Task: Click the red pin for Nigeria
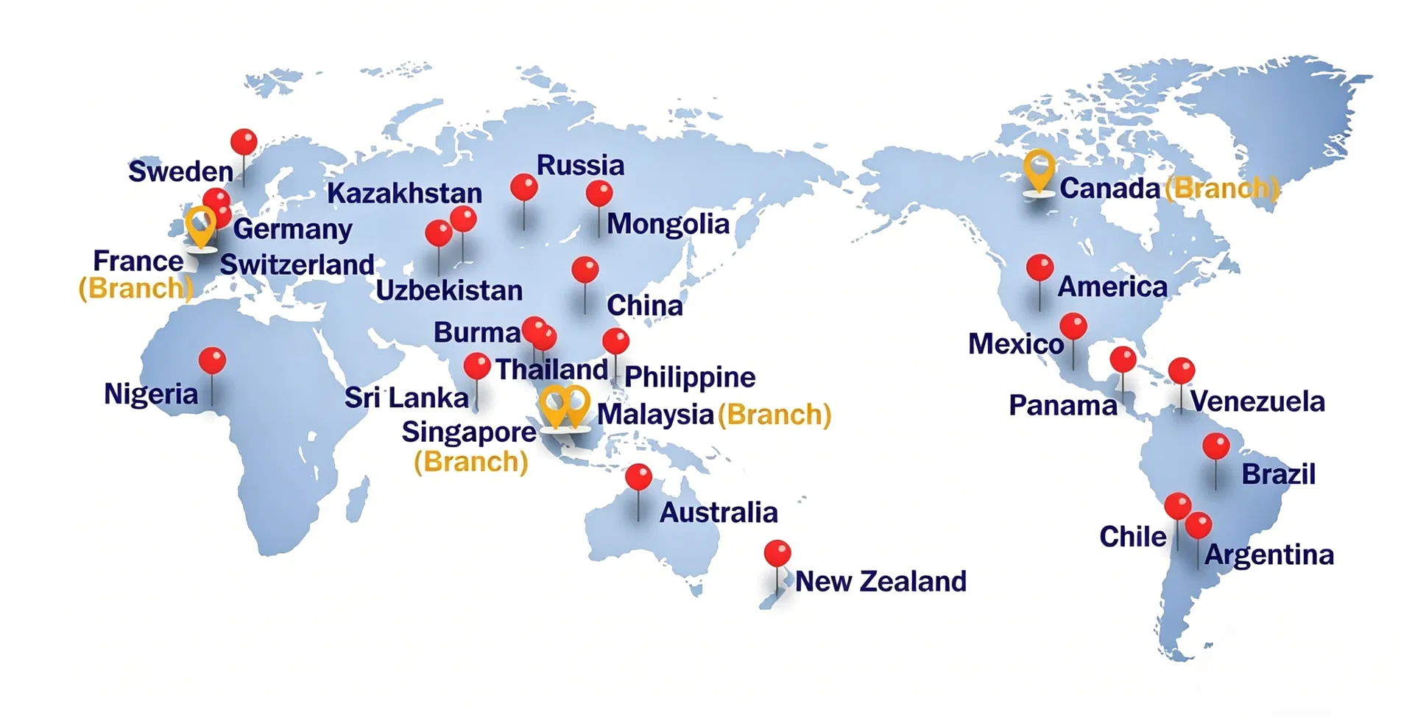coord(212,361)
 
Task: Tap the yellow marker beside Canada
coord(1038,169)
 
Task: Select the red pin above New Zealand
coord(777,553)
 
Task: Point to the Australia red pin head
coord(638,477)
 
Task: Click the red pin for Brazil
coord(1215,446)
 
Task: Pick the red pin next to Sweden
coord(244,141)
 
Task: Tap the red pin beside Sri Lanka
coord(477,366)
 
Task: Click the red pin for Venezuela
coord(1182,370)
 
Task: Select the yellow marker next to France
coord(200,224)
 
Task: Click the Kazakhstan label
coord(404,194)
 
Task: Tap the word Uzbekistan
coord(449,291)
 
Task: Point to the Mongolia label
coord(668,224)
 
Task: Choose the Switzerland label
coord(297,264)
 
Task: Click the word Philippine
coord(690,377)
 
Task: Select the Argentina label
coord(1269,555)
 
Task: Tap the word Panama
coord(1062,405)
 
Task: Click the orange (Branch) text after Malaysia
coord(774,415)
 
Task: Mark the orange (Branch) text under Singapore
coord(471,463)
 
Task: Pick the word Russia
coord(580,165)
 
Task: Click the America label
coord(1112,286)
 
